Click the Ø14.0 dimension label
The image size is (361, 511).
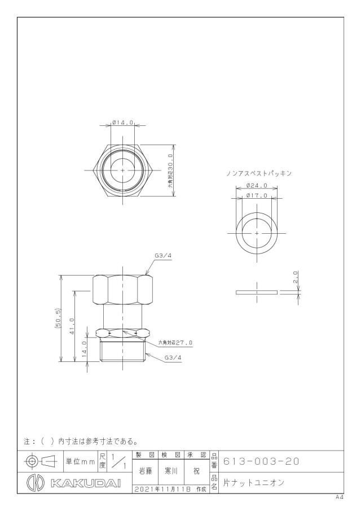click(x=123, y=123)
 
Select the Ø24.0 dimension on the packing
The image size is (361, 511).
click(x=257, y=185)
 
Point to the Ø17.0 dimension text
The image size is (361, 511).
click(x=257, y=195)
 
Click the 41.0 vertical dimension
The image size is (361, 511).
click(x=72, y=326)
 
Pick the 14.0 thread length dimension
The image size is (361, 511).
click(x=84, y=349)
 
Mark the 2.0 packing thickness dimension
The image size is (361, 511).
click(x=296, y=277)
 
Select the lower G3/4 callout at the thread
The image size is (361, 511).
click(x=173, y=357)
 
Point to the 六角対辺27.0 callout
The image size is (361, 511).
click(x=175, y=343)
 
